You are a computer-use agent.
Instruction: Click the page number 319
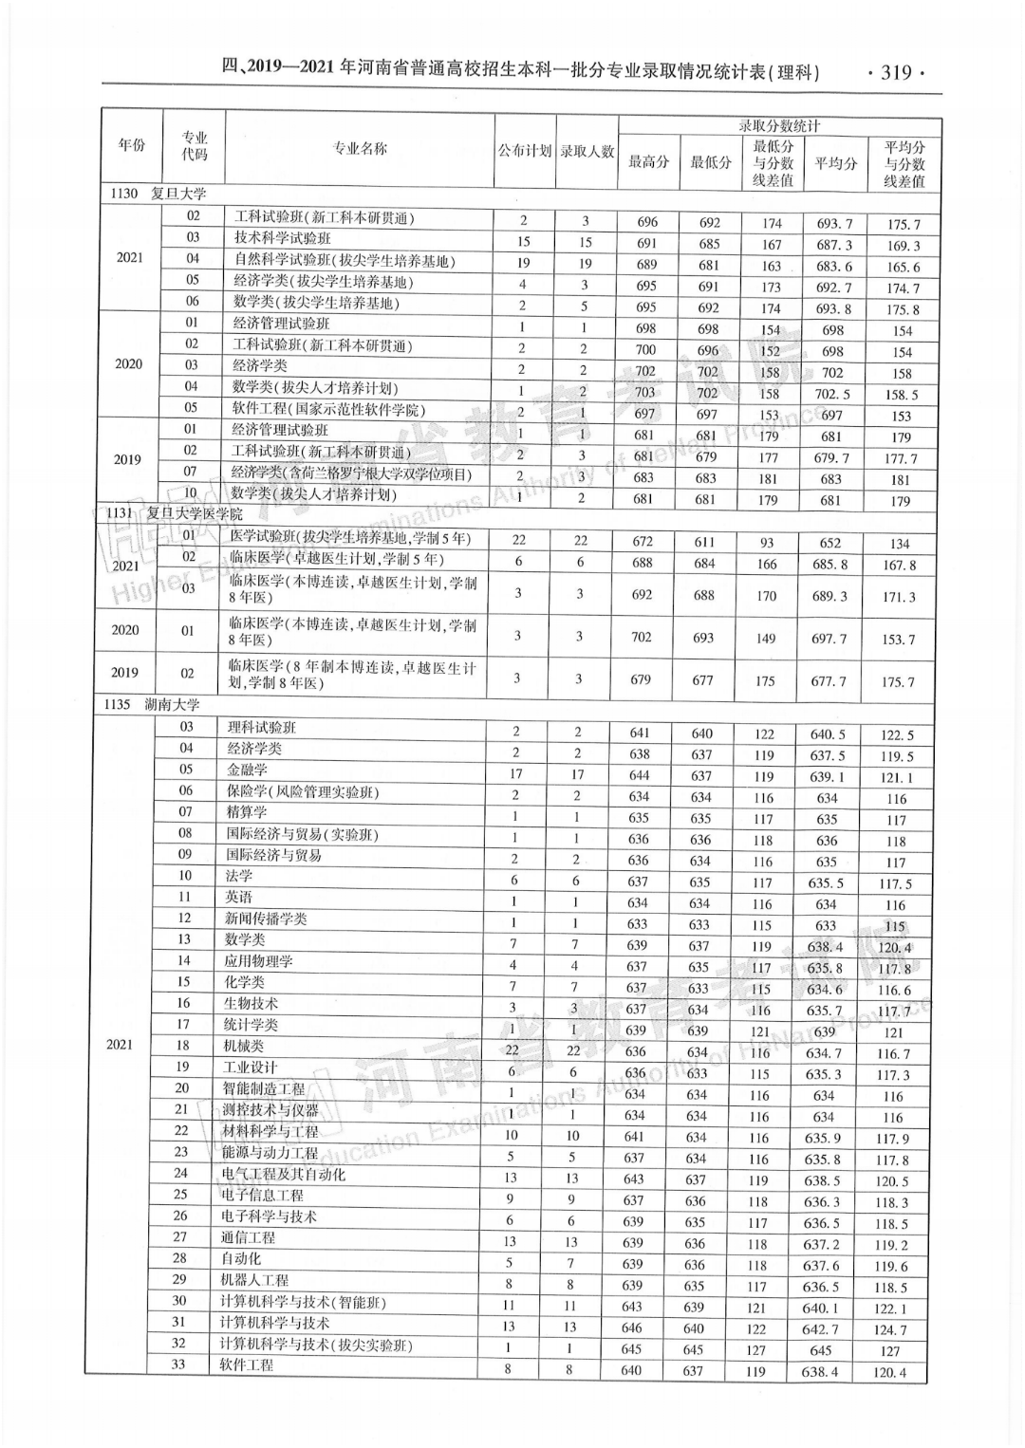(896, 72)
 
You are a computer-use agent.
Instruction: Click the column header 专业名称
(360, 149)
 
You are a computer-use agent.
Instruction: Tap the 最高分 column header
(648, 161)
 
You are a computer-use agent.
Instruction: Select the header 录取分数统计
(779, 125)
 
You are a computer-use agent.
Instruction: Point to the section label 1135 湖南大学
(154, 705)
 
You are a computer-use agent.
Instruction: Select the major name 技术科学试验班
(283, 238)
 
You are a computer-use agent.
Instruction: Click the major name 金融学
(247, 770)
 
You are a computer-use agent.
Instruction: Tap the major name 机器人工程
(255, 1280)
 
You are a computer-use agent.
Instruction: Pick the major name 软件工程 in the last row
(246, 1365)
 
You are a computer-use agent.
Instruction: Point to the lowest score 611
(704, 542)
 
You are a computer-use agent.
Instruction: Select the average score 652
(829, 543)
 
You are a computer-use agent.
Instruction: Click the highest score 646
(631, 1328)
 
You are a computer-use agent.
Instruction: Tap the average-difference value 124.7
(890, 1330)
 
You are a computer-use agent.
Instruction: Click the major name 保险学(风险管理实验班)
(302, 791)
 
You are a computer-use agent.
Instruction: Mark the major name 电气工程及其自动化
(283, 1174)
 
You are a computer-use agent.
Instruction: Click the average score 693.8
(834, 308)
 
